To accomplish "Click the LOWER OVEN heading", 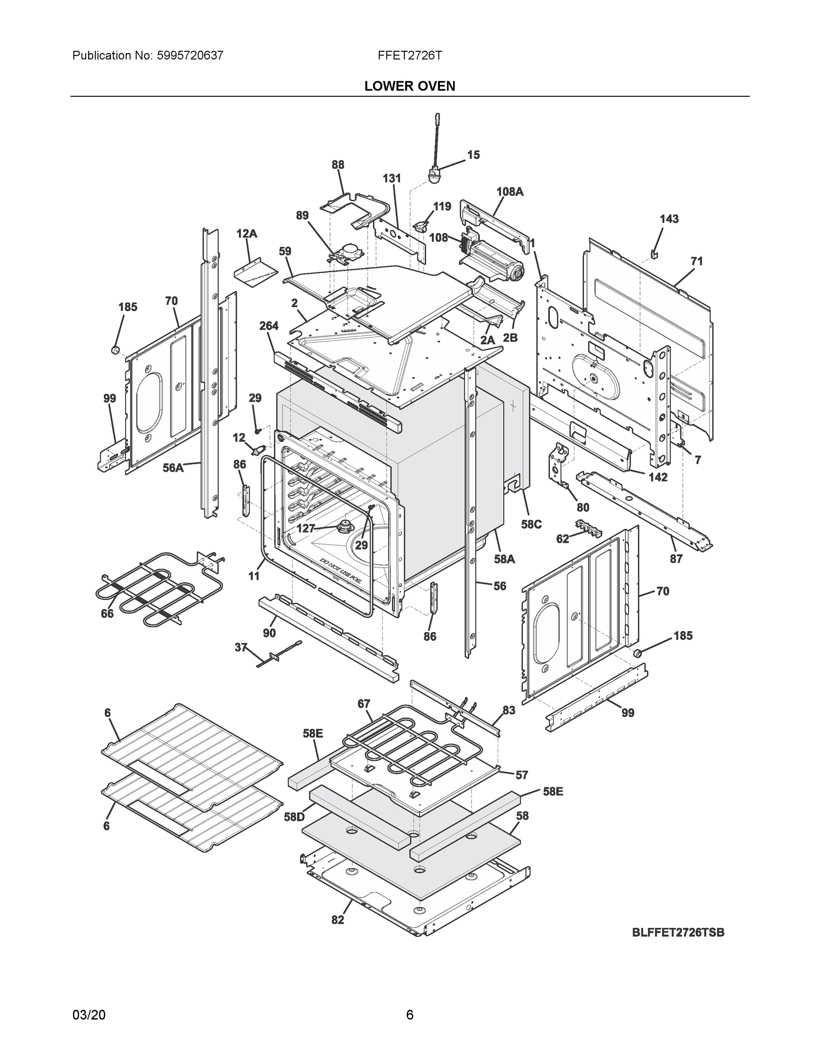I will pyautogui.click(x=409, y=86).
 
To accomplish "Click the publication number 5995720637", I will pyautogui.click(x=190, y=55).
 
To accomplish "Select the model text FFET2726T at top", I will pyautogui.click(x=409, y=55).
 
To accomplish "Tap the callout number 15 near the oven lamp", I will pyautogui.click(x=473, y=155).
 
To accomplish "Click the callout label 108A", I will pyautogui.click(x=510, y=192).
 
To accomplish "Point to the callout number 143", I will pyautogui.click(x=669, y=219).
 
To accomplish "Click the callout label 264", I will pyautogui.click(x=269, y=326).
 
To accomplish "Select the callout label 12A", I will pyautogui.click(x=247, y=234).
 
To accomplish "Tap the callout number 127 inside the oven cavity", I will pyautogui.click(x=305, y=529).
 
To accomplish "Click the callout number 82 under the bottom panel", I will pyautogui.click(x=338, y=920).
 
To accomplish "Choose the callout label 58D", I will pyautogui.click(x=294, y=817).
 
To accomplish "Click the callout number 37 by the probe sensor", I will pyautogui.click(x=241, y=647).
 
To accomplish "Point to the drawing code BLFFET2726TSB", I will pyautogui.click(x=678, y=932).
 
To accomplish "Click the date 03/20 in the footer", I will pyautogui.click(x=89, y=1015).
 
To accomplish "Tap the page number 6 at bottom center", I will pyautogui.click(x=409, y=1015).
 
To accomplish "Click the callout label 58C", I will pyautogui.click(x=531, y=525).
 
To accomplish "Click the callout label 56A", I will pyautogui.click(x=172, y=468).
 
